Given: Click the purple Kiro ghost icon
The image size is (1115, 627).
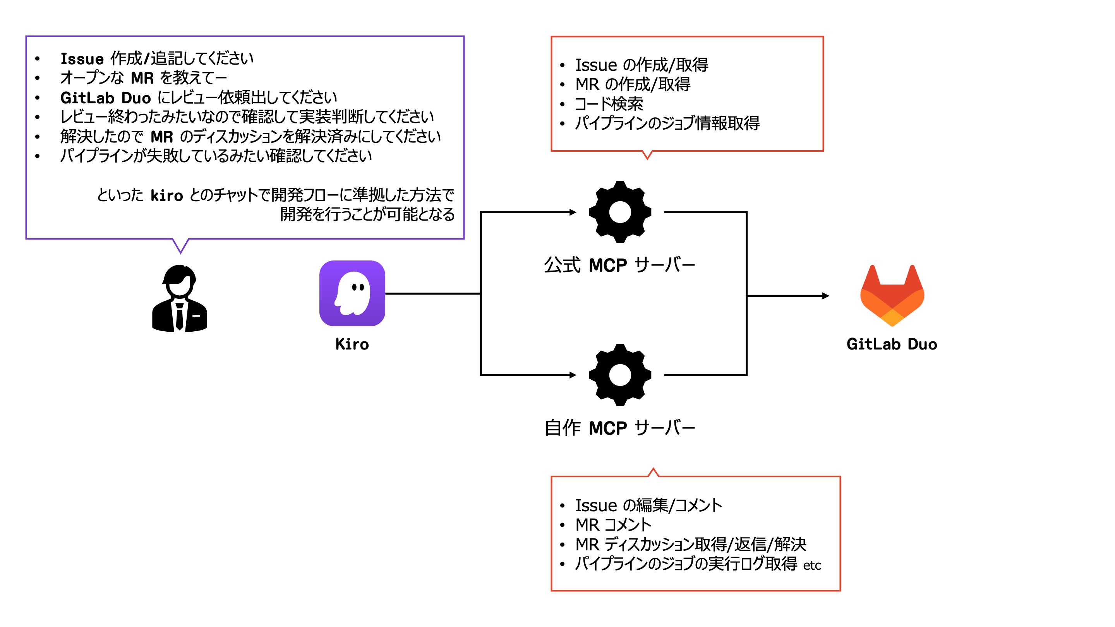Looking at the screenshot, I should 352,293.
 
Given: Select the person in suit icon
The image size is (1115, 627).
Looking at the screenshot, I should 180,298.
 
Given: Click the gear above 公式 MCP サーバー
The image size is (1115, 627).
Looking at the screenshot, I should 620,212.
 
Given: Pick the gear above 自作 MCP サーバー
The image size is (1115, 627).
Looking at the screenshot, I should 620,375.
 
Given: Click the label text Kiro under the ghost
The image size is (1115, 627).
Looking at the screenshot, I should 352,344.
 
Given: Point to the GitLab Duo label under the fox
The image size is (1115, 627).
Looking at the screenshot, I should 892,344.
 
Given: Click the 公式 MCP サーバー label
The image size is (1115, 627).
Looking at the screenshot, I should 619,265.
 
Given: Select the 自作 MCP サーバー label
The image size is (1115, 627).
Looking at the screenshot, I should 619,428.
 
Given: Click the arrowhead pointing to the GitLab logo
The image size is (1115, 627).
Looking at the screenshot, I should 826,296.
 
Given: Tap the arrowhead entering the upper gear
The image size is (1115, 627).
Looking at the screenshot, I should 573,212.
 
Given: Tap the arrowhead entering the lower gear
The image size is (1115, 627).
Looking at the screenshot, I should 573,375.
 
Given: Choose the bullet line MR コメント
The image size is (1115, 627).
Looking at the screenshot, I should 613,525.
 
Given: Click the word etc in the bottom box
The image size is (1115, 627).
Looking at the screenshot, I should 812,565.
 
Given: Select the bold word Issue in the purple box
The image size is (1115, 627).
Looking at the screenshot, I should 82,59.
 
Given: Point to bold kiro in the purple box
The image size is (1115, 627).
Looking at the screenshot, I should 166,195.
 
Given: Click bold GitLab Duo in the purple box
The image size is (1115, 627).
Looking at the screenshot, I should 105,98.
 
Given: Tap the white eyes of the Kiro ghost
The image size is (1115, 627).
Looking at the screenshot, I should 358,287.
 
